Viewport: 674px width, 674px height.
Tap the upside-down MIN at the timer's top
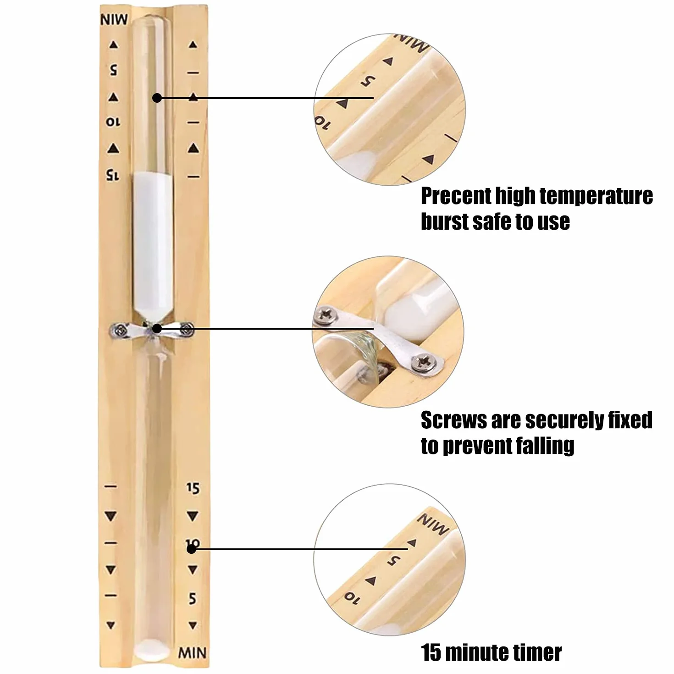[114, 20]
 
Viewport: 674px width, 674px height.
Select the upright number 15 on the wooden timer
[193, 488]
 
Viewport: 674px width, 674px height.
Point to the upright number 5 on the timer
[193, 599]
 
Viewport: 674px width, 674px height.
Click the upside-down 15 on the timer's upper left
[113, 175]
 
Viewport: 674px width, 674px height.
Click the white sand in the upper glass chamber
[153, 245]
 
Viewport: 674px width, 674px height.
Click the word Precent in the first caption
[456, 196]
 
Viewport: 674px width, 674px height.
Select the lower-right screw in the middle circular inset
[424, 363]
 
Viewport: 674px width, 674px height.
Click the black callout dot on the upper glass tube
[157, 98]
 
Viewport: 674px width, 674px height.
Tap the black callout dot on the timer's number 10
[191, 549]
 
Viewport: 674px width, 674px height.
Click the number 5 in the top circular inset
[368, 81]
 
